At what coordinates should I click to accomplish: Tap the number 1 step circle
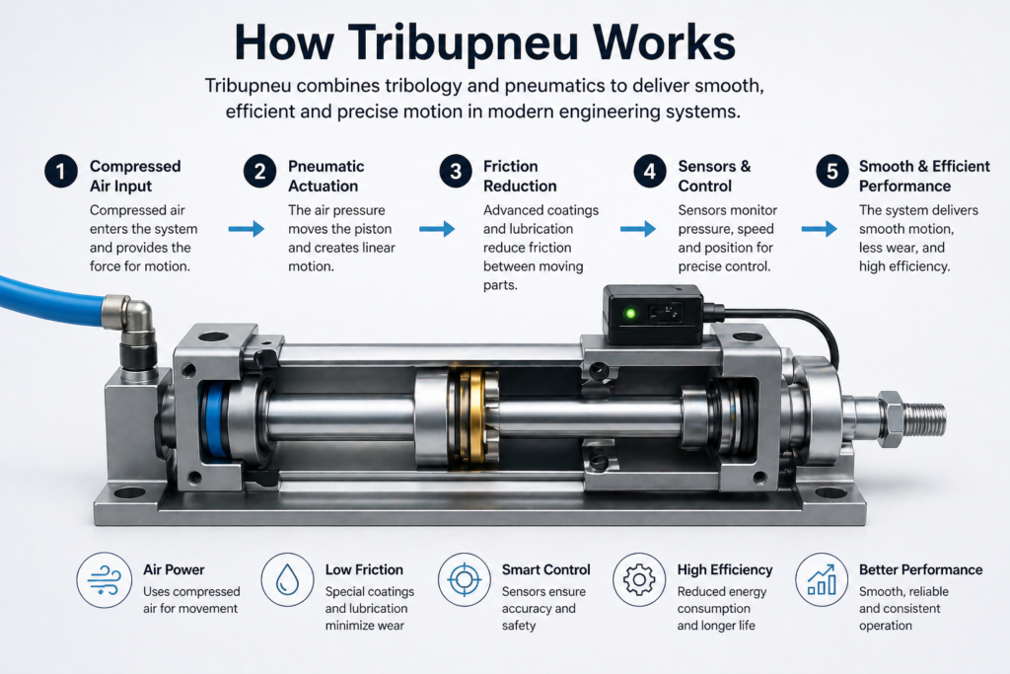(x=60, y=172)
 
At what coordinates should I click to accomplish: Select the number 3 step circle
(x=455, y=172)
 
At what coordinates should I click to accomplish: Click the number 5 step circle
(x=832, y=172)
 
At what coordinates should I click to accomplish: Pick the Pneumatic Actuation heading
(x=325, y=176)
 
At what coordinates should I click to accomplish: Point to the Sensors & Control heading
(x=714, y=176)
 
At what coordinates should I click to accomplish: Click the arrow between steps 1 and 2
(x=246, y=229)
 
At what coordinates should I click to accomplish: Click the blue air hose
(x=49, y=297)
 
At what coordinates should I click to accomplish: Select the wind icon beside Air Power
(x=105, y=579)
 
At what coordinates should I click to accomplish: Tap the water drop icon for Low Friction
(x=288, y=579)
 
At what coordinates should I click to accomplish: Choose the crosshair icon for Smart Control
(x=465, y=579)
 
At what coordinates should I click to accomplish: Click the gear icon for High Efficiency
(x=640, y=579)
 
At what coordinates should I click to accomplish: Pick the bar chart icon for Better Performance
(x=823, y=579)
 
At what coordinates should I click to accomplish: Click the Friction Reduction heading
(x=520, y=176)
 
